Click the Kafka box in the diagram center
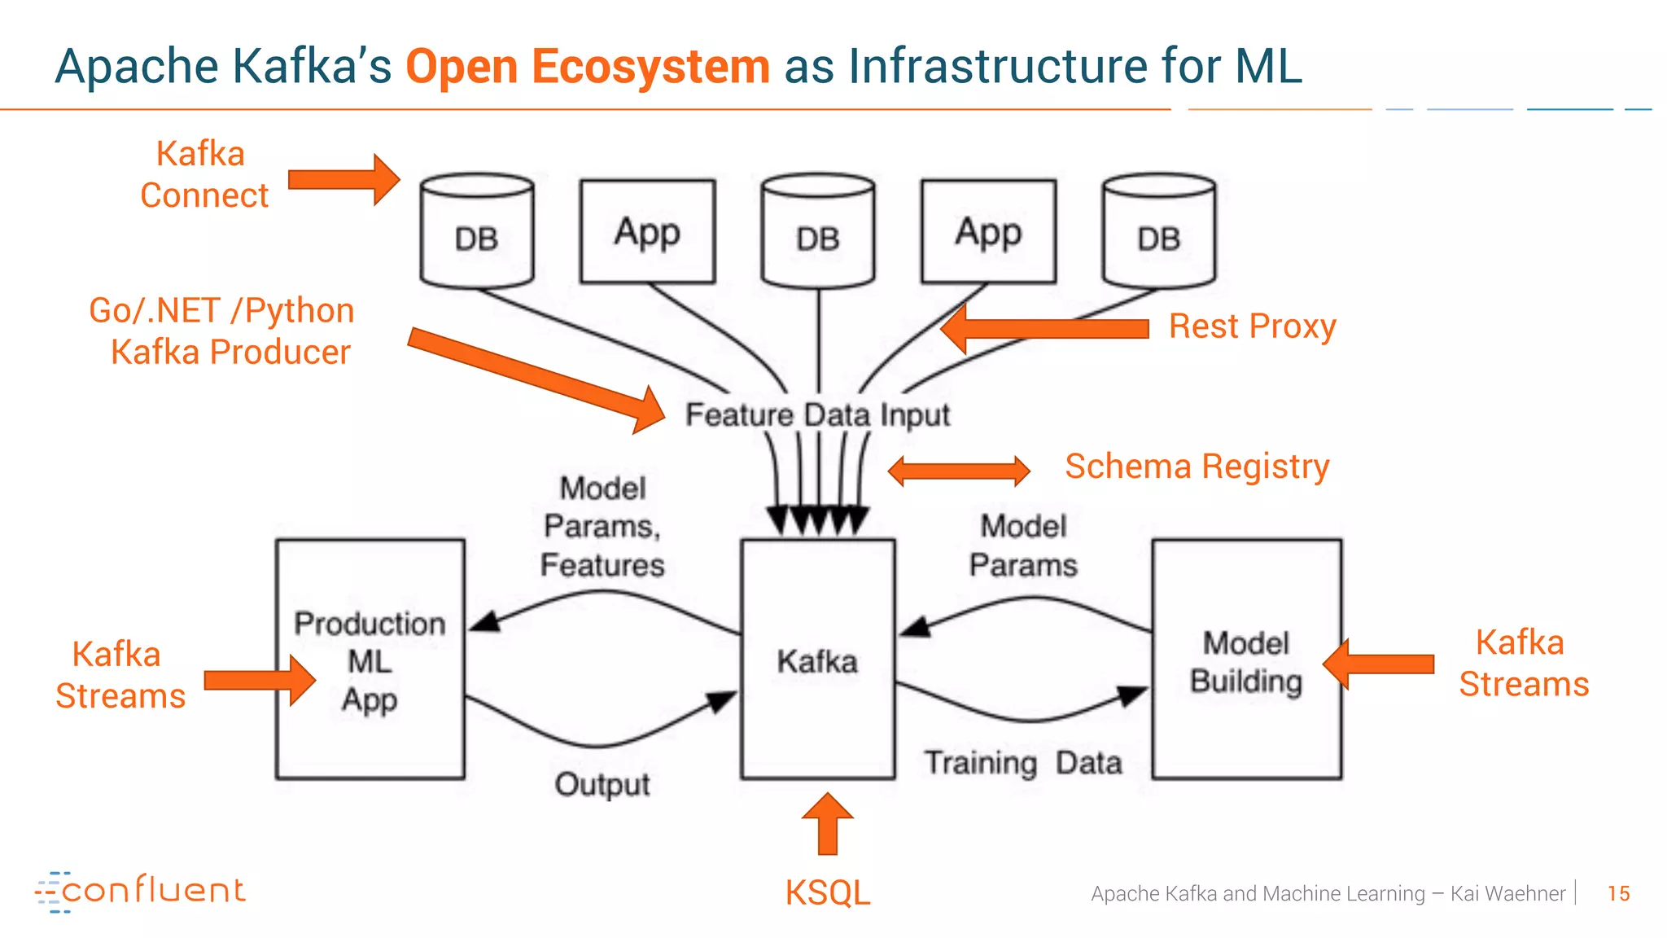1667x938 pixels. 817,660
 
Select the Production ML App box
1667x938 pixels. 370,660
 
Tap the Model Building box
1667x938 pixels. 1246,660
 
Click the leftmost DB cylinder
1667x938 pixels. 477,231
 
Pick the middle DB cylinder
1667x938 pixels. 818,231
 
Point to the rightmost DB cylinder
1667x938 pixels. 1158,231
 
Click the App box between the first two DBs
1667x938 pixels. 647,232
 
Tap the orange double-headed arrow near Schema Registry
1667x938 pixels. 958,471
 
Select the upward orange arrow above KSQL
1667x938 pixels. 828,824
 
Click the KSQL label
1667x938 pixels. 827,893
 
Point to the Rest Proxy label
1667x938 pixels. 1252,327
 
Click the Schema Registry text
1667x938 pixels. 1197,467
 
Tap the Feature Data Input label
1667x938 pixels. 817,414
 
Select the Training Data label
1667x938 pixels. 1023,763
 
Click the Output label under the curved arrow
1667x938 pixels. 602,784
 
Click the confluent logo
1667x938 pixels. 140,891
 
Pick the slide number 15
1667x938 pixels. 1618,894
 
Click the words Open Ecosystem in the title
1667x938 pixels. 587,66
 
